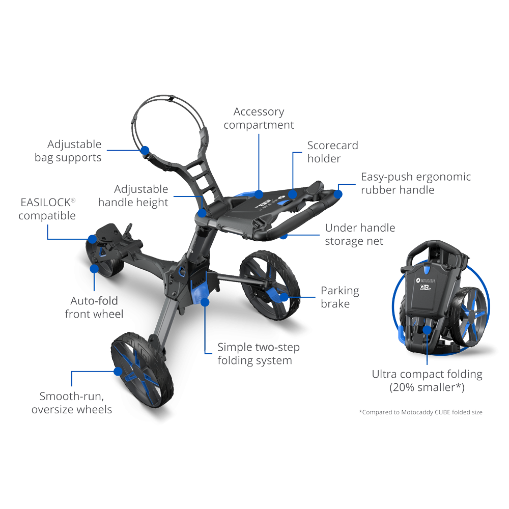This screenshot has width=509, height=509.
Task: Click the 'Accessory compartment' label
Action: [x=259, y=118]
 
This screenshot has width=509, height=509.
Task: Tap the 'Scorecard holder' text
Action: [x=332, y=152]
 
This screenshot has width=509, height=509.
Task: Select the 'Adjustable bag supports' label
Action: [x=68, y=151]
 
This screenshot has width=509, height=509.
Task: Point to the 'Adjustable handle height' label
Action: [x=133, y=196]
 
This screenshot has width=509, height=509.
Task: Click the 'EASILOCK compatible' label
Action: [x=47, y=209]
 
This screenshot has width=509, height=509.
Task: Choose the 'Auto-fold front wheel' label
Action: [x=94, y=307]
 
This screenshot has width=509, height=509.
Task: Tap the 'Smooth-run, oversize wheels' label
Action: [x=72, y=403]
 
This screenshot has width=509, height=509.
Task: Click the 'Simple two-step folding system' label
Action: [x=258, y=354]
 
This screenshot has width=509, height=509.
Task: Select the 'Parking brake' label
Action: [x=340, y=297]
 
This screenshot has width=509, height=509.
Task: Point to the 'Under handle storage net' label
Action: [x=360, y=234]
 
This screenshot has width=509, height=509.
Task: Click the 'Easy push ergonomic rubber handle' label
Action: [x=415, y=183]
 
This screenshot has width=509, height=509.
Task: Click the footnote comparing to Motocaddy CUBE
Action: [x=420, y=412]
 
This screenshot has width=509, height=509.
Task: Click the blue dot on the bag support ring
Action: [x=145, y=150]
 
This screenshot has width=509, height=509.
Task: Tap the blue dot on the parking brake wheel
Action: [x=284, y=297]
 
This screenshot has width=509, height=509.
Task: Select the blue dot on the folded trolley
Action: [x=427, y=329]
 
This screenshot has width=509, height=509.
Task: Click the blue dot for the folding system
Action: [x=205, y=302]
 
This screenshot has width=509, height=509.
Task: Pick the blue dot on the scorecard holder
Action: [x=293, y=193]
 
